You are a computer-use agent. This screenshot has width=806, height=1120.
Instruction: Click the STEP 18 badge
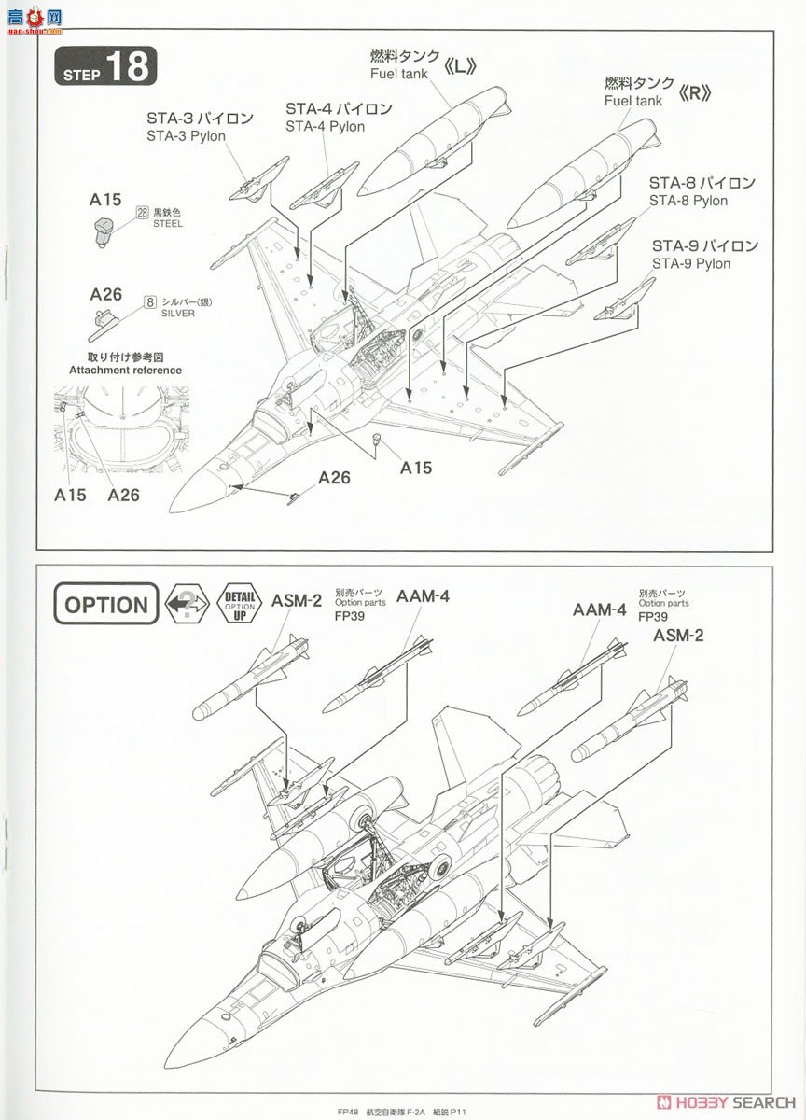pos(105,67)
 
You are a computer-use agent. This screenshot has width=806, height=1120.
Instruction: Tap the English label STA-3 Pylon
pos(186,136)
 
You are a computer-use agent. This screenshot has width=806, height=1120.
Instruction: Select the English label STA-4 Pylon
pos(326,127)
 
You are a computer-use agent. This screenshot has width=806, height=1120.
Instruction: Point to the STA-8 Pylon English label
pos(688,201)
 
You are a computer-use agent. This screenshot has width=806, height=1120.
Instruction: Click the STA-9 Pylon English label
pos(691,263)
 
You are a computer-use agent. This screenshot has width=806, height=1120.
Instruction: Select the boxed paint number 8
pos(149,301)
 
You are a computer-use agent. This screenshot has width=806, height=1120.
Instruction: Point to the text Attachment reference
pos(125,370)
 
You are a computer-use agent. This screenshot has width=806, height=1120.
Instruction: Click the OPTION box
pos(105,605)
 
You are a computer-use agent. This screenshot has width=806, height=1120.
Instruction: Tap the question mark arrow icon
pos(187,604)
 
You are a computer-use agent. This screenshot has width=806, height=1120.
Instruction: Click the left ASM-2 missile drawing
pos(250,679)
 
